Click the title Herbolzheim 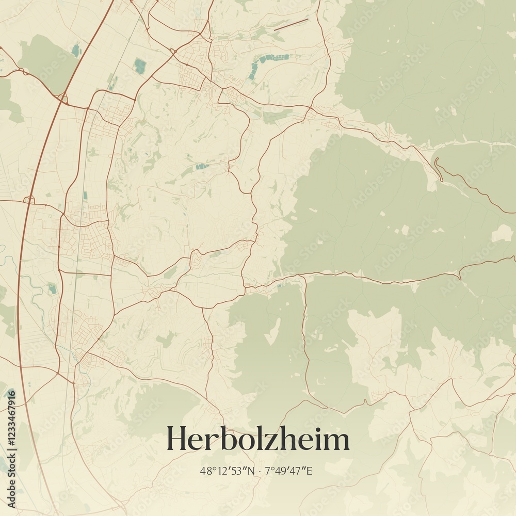[x=257, y=440]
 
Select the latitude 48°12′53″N [x=227, y=471]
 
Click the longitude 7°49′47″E [x=289, y=471]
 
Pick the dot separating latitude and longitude [x=260, y=471]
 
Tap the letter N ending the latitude [x=251, y=471]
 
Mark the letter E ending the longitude [x=310, y=471]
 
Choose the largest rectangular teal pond [x=140, y=64]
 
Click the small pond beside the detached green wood [x=76, y=50]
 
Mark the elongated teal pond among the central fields [x=201, y=166]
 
